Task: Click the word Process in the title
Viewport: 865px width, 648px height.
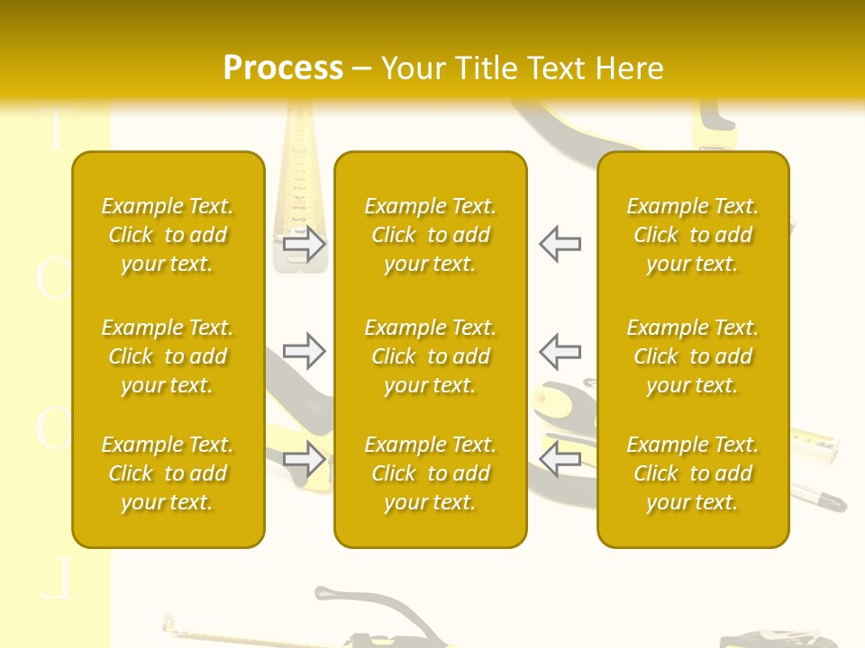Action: point(283,68)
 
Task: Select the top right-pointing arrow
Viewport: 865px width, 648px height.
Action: point(305,244)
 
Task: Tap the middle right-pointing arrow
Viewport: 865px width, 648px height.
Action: point(305,351)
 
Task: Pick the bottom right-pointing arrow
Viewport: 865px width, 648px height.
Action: point(305,459)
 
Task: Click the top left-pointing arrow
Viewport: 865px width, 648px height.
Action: point(560,244)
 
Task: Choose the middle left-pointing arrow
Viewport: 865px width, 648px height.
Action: point(560,351)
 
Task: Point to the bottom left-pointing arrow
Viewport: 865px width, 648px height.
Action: point(560,459)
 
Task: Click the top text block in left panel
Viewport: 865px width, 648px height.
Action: point(168,235)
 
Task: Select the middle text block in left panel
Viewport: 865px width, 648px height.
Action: point(168,356)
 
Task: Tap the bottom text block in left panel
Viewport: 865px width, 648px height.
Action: point(168,473)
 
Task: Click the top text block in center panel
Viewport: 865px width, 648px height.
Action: point(430,235)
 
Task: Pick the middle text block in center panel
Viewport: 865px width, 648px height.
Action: point(430,356)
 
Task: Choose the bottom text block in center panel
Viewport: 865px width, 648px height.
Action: point(430,473)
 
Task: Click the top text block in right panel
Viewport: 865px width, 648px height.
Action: point(692,235)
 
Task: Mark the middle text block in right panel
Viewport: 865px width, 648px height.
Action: point(692,356)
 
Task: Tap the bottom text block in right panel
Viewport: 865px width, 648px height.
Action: point(692,473)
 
